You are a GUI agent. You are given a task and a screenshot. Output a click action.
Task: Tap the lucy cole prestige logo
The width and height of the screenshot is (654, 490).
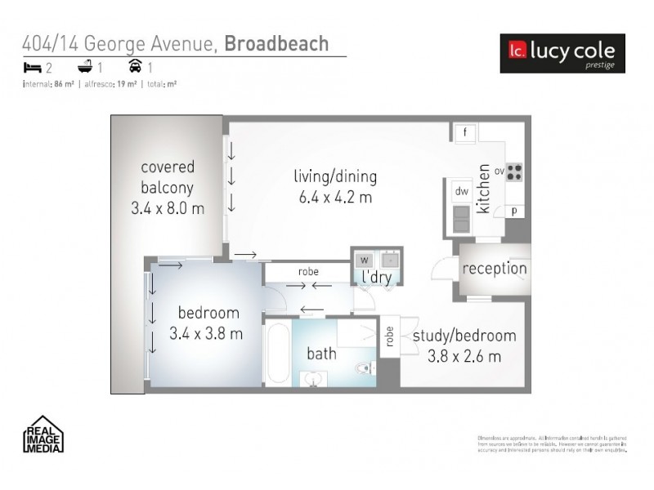pyautogui.click(x=562, y=53)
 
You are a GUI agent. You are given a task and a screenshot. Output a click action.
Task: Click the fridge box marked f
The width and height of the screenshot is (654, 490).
pyautogui.click(x=464, y=132)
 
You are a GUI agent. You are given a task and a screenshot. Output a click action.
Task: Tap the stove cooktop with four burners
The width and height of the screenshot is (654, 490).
pyautogui.click(x=514, y=172)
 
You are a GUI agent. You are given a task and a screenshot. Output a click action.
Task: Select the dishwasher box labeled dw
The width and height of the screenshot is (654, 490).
pyautogui.click(x=461, y=191)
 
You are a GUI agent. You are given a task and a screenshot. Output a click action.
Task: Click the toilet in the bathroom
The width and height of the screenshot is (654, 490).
pyautogui.click(x=363, y=369)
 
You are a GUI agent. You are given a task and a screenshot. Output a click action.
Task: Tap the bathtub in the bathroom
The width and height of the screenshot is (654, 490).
pyautogui.click(x=278, y=353)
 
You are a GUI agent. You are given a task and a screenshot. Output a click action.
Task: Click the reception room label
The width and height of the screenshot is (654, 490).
pyautogui.click(x=495, y=269)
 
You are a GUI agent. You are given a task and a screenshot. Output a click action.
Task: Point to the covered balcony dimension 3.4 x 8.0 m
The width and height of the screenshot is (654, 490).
pyautogui.click(x=168, y=208)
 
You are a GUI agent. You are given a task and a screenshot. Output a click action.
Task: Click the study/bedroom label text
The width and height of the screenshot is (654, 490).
pyautogui.click(x=464, y=336)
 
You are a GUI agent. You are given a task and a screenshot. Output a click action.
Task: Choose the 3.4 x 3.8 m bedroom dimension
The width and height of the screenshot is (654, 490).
pyautogui.click(x=206, y=333)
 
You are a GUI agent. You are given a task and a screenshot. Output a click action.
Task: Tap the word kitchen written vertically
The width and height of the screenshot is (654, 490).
pyautogui.click(x=483, y=189)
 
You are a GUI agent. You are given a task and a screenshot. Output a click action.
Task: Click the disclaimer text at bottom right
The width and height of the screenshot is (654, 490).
pyautogui.click(x=551, y=443)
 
